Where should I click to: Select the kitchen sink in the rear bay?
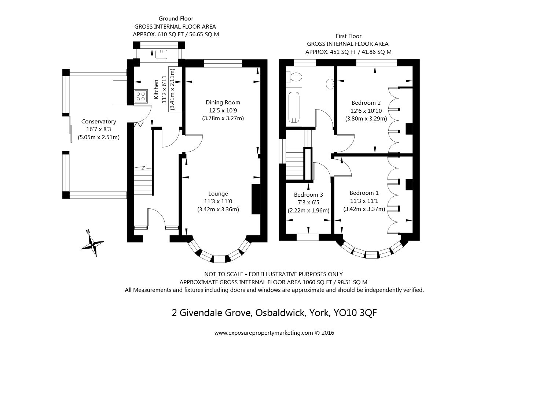pos(161,54)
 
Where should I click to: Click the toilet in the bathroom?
pos(294,77)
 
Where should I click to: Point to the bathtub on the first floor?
pos(294,107)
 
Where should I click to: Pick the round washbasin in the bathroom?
pos(330,84)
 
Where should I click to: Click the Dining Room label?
pos(223,102)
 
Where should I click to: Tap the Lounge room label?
pos(218,193)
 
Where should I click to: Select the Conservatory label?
pos(99,122)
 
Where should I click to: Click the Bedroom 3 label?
pos(308,194)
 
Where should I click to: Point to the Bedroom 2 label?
pos(366,103)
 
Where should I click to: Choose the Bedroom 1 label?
pos(364,193)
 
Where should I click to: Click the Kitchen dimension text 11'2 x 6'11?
pos(164,90)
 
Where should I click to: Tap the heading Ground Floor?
pos(176,19)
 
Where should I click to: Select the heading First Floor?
pos(349,36)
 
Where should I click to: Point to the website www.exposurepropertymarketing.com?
pos(264,333)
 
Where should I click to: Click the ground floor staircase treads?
pos(143,181)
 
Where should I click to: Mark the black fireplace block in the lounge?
pos(256,199)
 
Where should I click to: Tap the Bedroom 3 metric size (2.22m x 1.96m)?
pos(308,211)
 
